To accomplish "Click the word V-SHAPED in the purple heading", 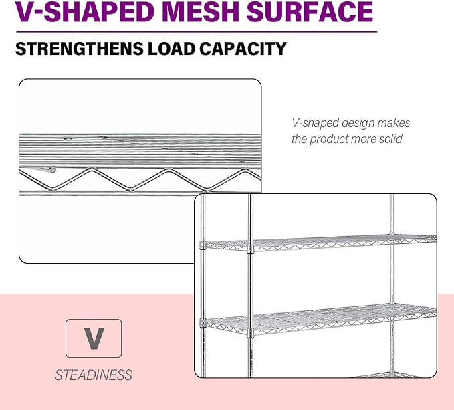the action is coord(85,11).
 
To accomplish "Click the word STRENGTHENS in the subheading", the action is coord(79,49).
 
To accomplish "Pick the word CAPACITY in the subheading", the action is coord(243,49).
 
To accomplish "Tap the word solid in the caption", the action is coord(391,138).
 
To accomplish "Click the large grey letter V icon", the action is coord(94,338).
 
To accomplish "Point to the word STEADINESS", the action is coord(94,375).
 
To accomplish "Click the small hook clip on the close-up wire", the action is coord(52,169).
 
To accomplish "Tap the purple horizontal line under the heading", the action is coord(197,32).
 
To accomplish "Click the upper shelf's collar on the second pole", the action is coord(251,248).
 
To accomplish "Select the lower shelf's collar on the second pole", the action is coord(251,332).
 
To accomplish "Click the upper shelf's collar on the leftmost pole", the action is coord(203,246).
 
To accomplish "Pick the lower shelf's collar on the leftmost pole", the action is coord(203,322).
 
